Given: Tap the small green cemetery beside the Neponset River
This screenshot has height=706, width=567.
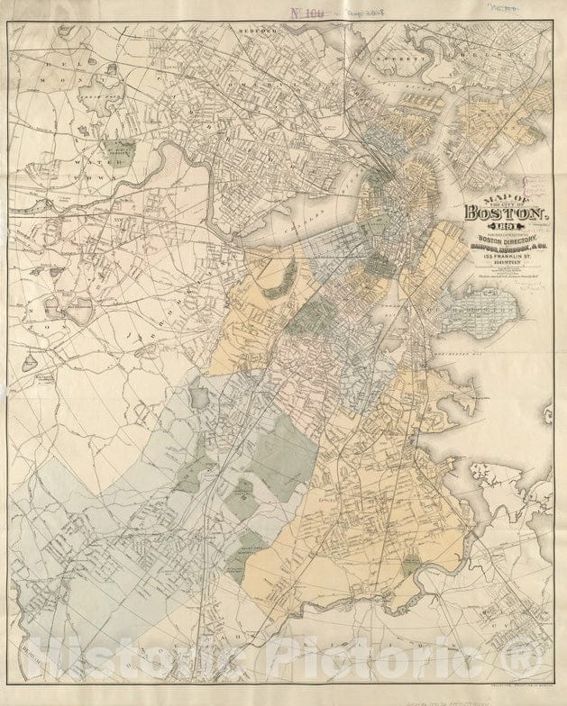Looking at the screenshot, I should coord(412,564).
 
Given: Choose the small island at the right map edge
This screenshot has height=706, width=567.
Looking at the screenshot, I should coord(547,415).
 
